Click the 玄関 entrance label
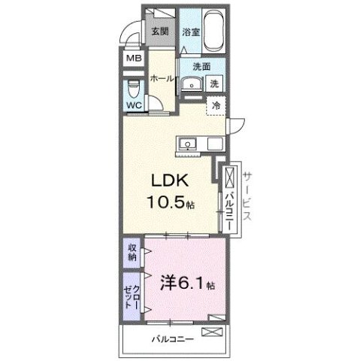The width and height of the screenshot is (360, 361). (159, 32)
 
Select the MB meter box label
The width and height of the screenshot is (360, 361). (134, 59)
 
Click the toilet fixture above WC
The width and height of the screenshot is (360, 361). (135, 84)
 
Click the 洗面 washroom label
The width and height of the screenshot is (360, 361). (201, 66)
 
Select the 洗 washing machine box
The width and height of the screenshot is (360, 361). (214, 83)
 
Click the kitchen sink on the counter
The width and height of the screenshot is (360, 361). (186, 144)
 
